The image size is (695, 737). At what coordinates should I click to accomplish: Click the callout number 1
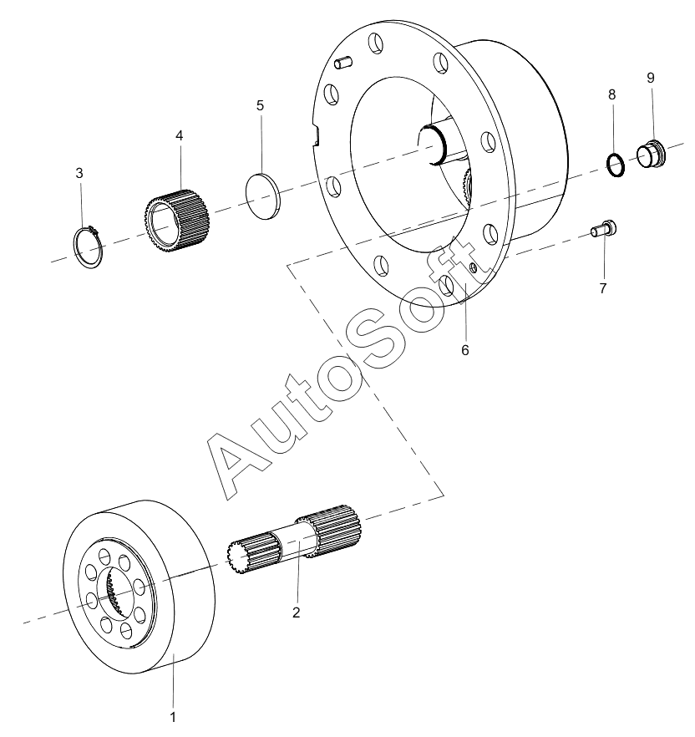[x=173, y=717]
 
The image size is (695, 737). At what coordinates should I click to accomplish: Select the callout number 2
[x=296, y=612]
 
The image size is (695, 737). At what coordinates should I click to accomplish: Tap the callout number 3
[x=79, y=173]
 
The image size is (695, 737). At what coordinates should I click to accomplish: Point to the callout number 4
[x=179, y=135]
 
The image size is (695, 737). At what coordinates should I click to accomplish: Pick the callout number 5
[x=261, y=105]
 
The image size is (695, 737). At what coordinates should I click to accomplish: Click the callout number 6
[x=464, y=350]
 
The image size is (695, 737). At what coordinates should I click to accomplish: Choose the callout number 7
[x=603, y=288]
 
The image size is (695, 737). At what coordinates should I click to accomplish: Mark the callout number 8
[x=611, y=94]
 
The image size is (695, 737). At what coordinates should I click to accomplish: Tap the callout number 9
[x=651, y=78]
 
